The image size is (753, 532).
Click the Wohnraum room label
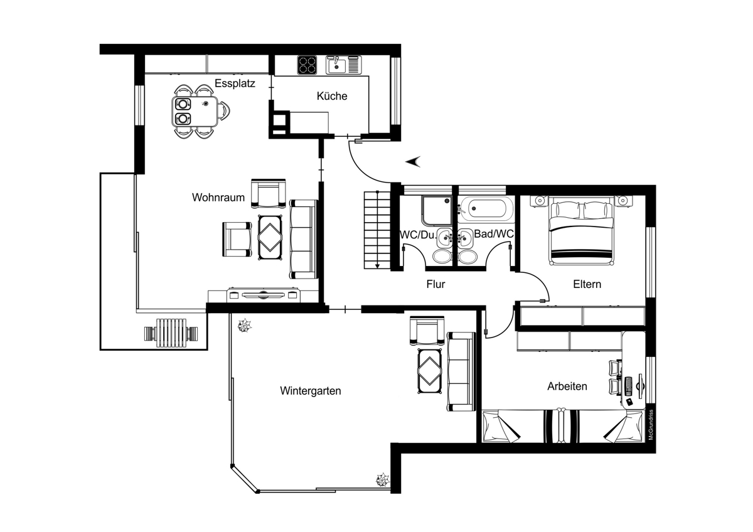coord(218,197)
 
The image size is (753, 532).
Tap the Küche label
coord(332,96)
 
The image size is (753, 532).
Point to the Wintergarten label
coord(310,391)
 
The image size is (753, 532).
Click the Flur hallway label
coord(435,284)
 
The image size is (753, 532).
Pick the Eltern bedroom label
coord(587,284)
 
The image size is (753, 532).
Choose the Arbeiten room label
coord(567,386)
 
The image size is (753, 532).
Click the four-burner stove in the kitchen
coord(307,65)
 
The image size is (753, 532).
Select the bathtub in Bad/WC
coord(486,209)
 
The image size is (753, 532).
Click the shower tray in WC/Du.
coord(437,210)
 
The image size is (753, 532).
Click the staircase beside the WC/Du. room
coord(377,230)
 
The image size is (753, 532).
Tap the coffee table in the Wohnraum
coord(270,238)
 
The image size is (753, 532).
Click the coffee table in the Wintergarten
coord(429,371)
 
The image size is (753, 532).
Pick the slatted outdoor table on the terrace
coord(171,332)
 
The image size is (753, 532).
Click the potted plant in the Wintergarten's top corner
coord(244,326)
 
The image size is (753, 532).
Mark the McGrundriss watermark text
coord(651,425)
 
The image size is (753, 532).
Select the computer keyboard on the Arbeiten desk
coord(628,386)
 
